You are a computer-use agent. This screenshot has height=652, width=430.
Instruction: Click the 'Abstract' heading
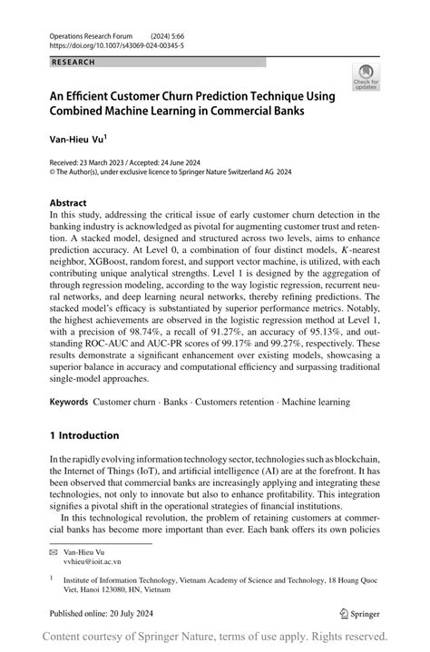pyautogui.click(x=68, y=202)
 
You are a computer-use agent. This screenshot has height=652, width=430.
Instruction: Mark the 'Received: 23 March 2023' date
pyautogui.click(x=90, y=161)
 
